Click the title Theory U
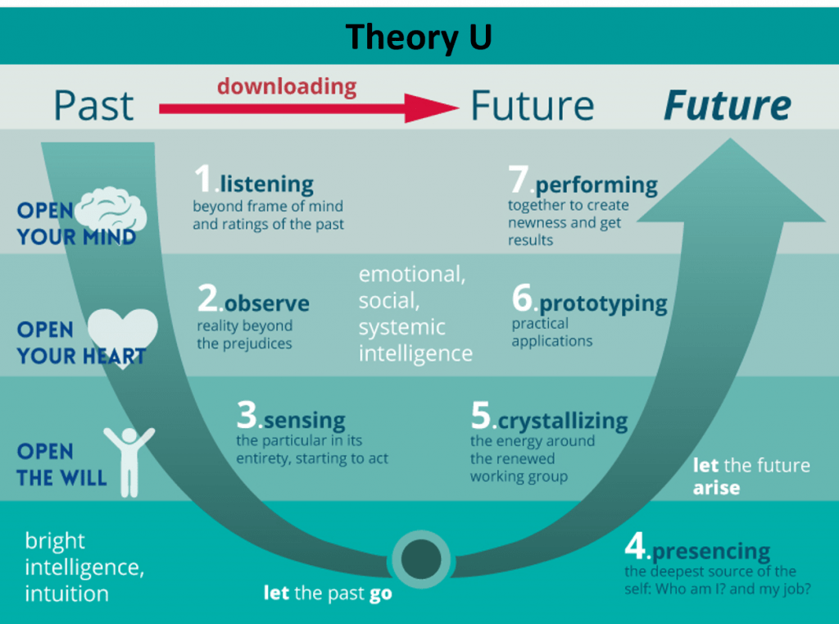tap(419, 38)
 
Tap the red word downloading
tap(287, 86)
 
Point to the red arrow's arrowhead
tap(431, 108)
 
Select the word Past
tap(93, 106)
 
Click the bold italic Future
tap(728, 105)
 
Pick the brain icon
tap(111, 212)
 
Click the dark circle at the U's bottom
tap(421, 558)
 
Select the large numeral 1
tap(203, 179)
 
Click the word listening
tap(266, 184)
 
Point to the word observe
tap(266, 303)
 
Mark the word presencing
tap(711, 551)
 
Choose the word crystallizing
tap(563, 421)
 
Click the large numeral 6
tap(522, 298)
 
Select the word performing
tap(596, 185)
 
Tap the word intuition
tap(67, 594)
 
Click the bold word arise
tap(716, 488)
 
